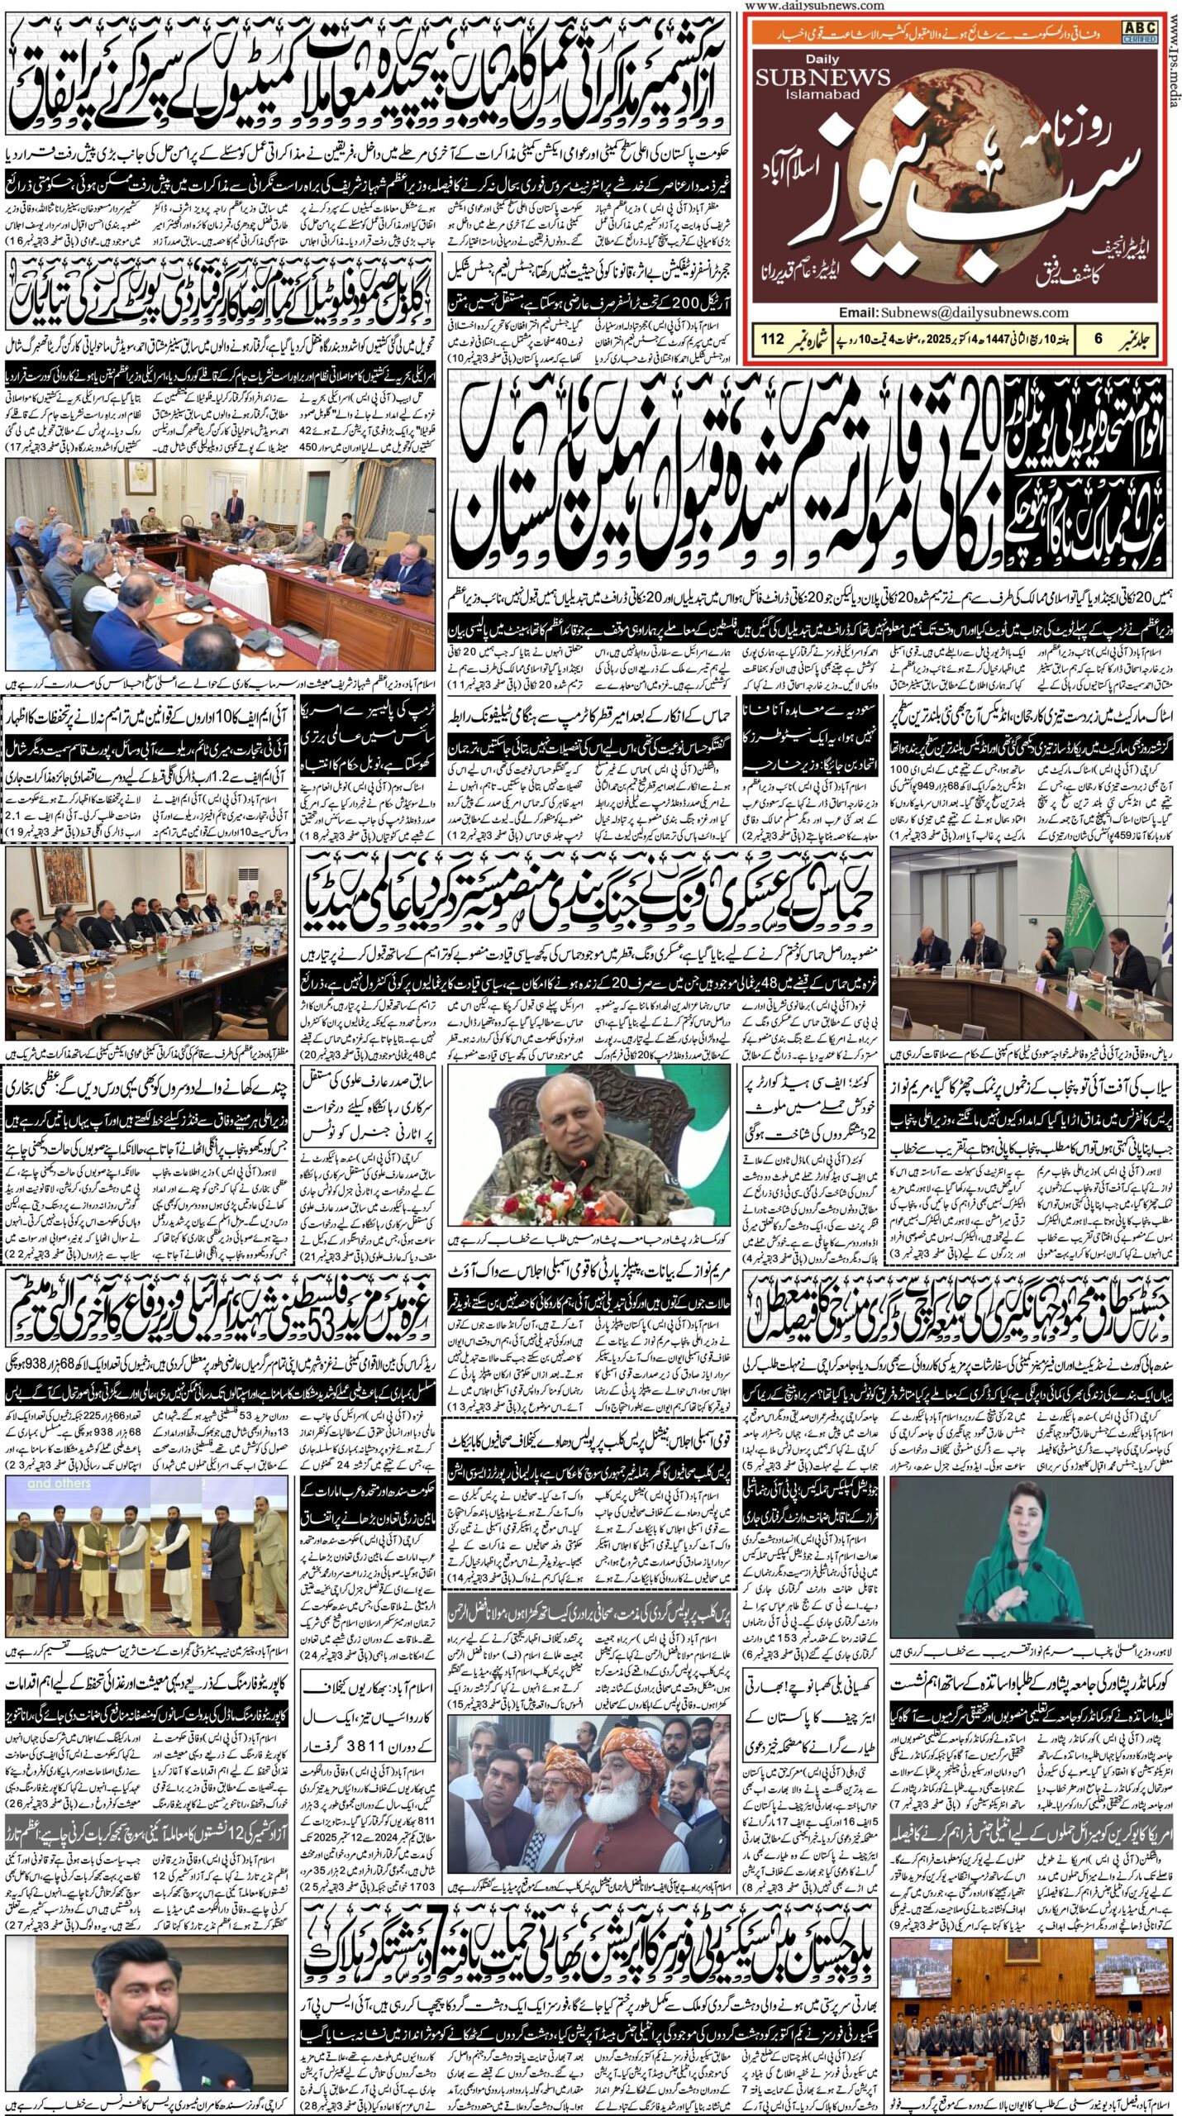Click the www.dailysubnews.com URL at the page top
pyautogui.click(x=813, y=6)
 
